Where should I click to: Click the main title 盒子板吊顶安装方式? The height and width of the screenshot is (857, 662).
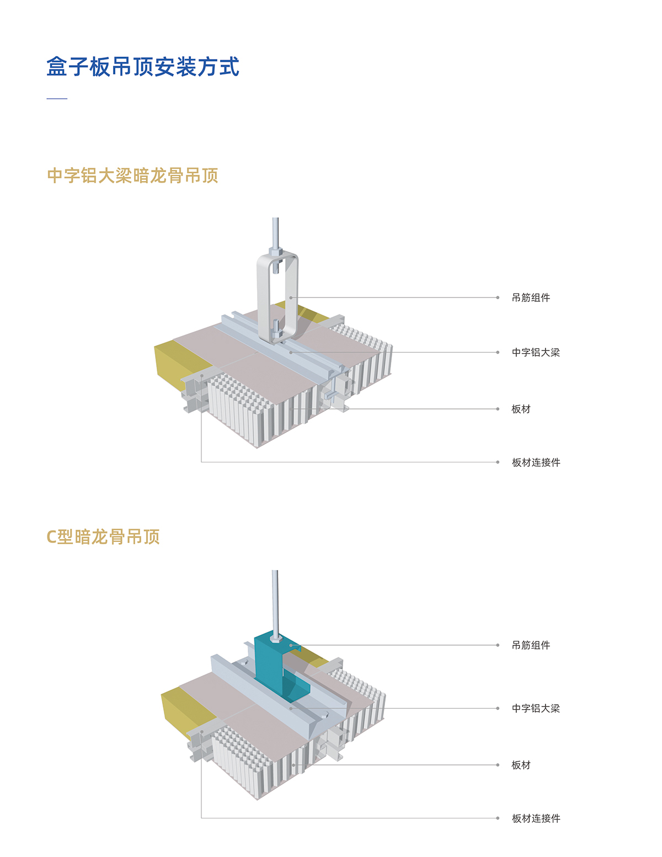click(x=143, y=67)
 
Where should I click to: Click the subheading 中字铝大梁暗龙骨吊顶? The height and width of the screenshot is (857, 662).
click(x=132, y=175)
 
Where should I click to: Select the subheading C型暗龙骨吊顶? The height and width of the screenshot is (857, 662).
click(x=103, y=536)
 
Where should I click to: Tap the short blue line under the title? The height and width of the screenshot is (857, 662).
click(x=57, y=99)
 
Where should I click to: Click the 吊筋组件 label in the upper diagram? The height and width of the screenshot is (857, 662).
click(x=531, y=298)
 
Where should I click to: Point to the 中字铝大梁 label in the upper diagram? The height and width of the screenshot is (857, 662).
click(x=536, y=353)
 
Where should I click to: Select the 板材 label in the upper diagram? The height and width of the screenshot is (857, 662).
click(x=521, y=409)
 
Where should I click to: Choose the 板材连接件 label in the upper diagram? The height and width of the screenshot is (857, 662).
click(x=536, y=462)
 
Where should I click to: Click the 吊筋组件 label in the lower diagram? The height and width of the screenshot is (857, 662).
click(x=531, y=645)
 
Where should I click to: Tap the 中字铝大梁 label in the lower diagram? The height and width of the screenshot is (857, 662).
click(x=536, y=709)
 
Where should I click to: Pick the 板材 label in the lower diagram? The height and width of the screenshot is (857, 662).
click(x=521, y=765)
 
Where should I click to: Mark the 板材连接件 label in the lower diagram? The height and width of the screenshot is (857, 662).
click(x=536, y=818)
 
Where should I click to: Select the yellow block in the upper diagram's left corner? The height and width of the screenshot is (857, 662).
click(x=177, y=361)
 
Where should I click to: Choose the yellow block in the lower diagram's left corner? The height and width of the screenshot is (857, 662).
click(x=182, y=709)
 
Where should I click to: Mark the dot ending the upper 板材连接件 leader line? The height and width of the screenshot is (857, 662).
click(x=498, y=462)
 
